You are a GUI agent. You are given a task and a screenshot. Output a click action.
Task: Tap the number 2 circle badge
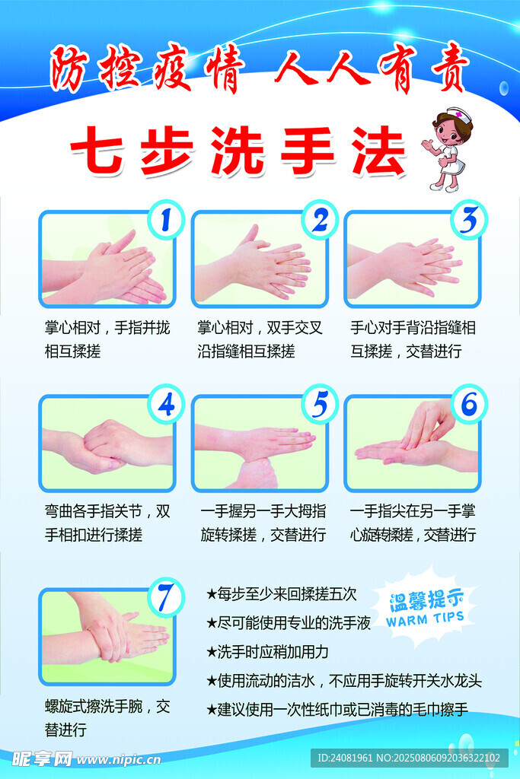coord(319,220)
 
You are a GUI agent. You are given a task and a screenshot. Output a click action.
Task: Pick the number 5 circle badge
coord(319,404)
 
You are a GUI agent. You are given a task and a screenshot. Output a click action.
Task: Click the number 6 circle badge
coord(469,404)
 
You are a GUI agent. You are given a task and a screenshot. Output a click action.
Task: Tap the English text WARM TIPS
coord(424,618)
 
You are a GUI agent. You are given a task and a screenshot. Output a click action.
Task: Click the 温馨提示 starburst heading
coord(423,599)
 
